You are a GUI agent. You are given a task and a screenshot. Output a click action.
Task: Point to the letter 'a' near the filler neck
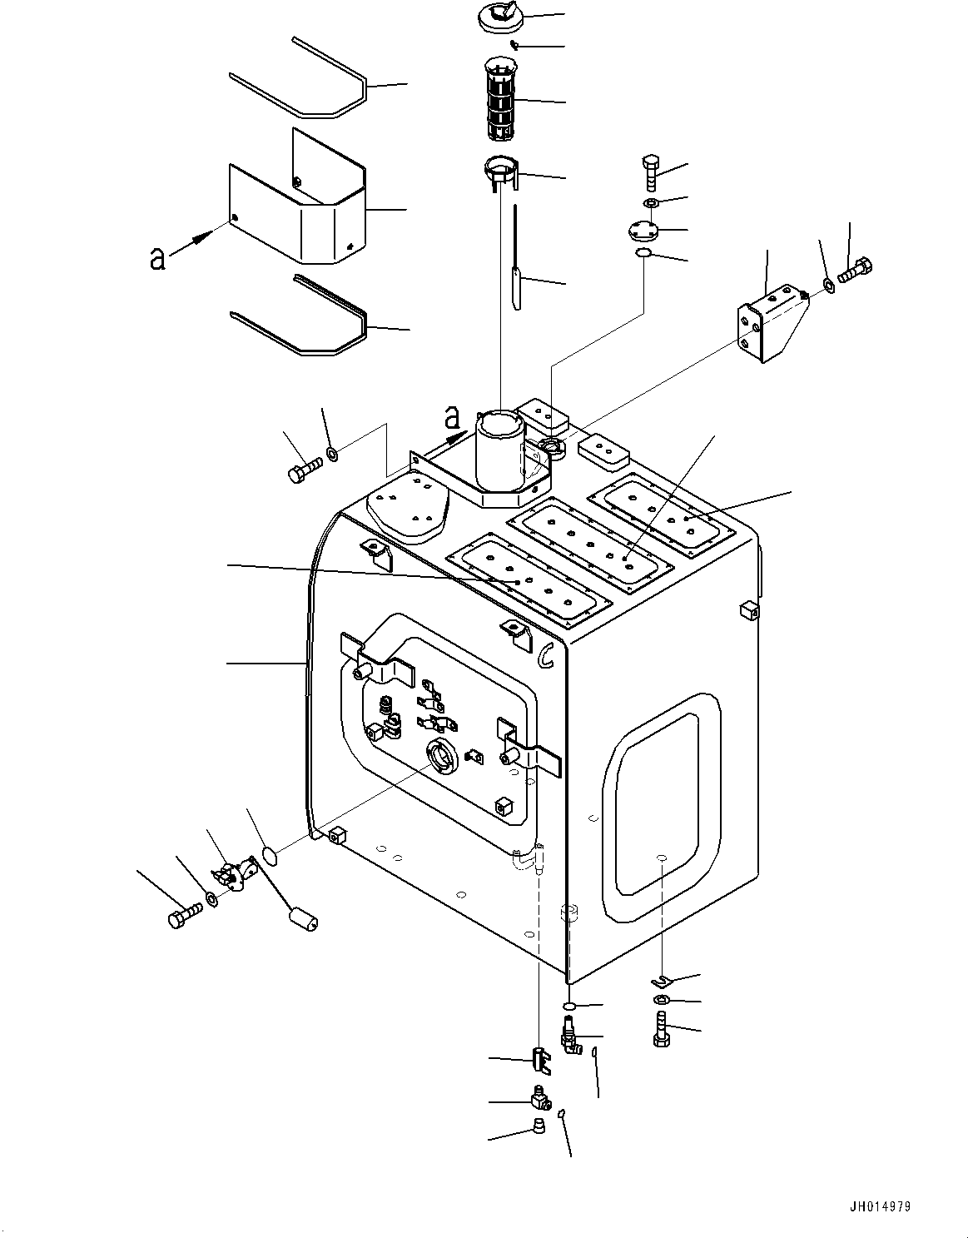pyautogui.click(x=452, y=415)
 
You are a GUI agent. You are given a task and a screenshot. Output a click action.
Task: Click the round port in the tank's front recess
pyautogui.click(x=439, y=756)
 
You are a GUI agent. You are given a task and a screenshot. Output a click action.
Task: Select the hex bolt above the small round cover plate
pyautogui.click(x=651, y=172)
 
